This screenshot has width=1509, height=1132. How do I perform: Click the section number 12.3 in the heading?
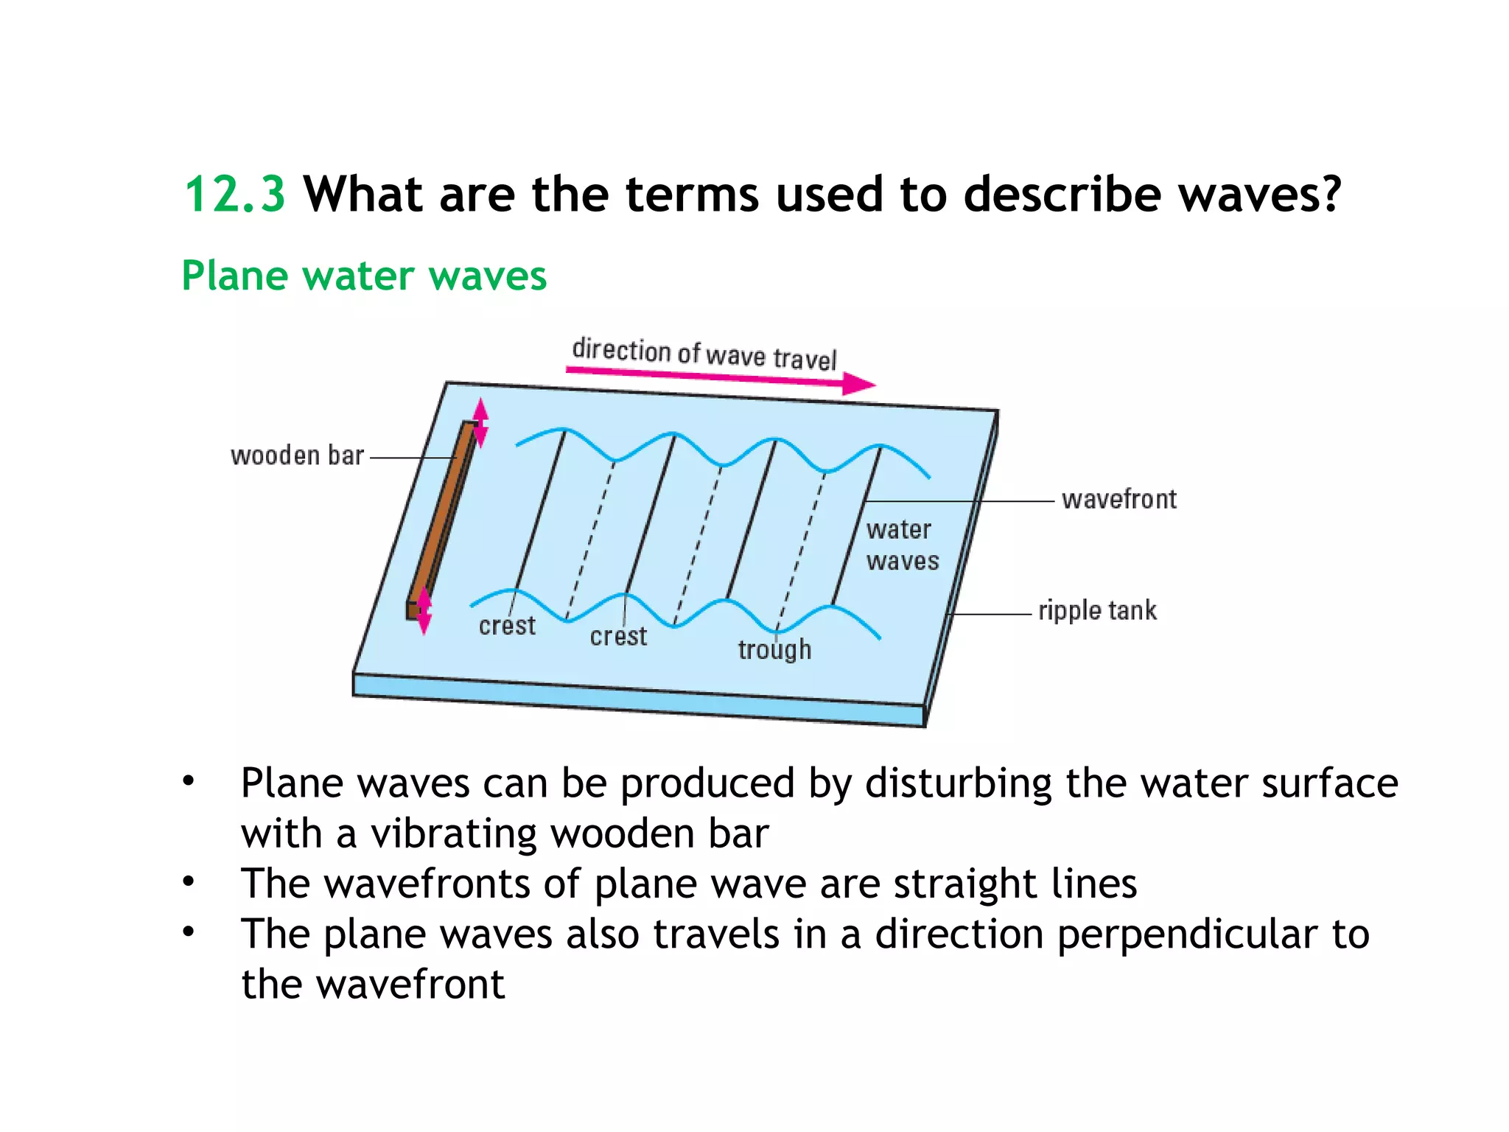pyautogui.click(x=234, y=195)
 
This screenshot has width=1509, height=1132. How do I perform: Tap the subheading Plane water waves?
pyautogui.click(x=364, y=276)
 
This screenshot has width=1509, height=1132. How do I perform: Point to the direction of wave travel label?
pyautogui.click(x=704, y=354)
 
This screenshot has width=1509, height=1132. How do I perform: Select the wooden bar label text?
pyautogui.click(x=297, y=455)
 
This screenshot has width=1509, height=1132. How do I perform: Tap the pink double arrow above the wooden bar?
pyautogui.click(x=480, y=422)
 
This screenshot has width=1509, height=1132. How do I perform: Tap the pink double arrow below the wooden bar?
pyautogui.click(x=424, y=611)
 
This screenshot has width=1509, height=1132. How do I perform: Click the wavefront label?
pyautogui.click(x=1118, y=500)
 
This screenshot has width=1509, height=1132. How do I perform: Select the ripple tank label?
pyautogui.click(x=1097, y=611)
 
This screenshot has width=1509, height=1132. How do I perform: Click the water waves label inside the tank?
pyautogui.click(x=903, y=545)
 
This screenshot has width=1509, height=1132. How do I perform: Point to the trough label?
pyautogui.click(x=774, y=649)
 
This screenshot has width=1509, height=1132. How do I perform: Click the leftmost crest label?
pyautogui.click(x=507, y=626)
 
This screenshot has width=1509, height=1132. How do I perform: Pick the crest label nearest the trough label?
pyautogui.click(x=618, y=636)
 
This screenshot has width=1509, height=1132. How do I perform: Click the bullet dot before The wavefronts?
pyautogui.click(x=189, y=881)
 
